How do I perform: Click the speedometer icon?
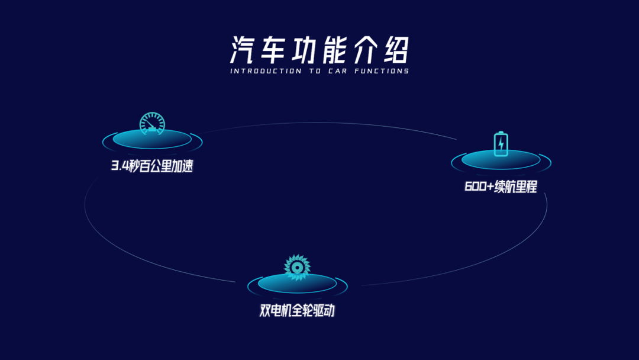pos(152,123)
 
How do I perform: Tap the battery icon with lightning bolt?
pos(501,144)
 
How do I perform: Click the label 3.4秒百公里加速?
pos(153,166)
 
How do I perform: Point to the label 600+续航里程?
pos(501,187)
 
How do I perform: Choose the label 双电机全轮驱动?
pos(297,310)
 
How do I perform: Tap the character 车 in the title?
pos(275,50)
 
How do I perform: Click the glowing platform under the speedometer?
pos(152,140)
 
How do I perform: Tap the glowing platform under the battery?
pos(501,160)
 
